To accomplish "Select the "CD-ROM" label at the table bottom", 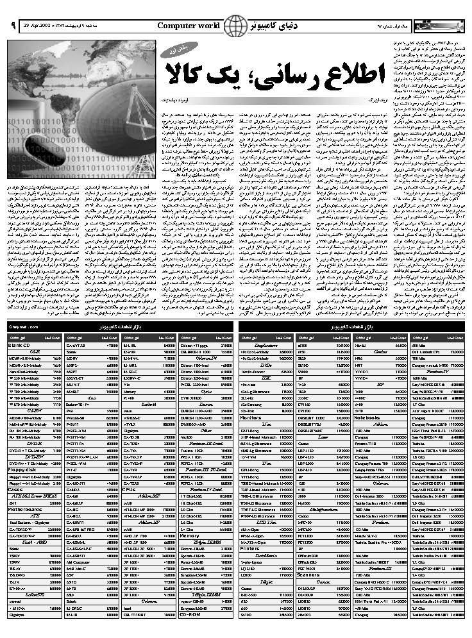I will [190, 614].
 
